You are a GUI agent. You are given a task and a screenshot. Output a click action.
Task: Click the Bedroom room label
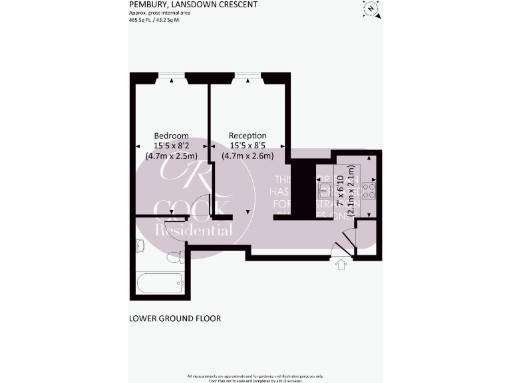[x=171, y=135]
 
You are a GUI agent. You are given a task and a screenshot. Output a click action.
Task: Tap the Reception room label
[x=248, y=135]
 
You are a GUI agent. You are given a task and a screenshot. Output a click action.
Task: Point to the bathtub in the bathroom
[x=159, y=283]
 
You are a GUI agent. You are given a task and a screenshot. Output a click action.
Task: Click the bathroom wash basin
[x=139, y=245]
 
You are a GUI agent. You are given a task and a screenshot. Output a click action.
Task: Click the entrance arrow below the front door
[x=342, y=266]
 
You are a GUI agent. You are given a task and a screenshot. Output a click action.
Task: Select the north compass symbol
[x=371, y=8]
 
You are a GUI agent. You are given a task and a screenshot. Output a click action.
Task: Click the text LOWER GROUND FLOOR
[x=174, y=319]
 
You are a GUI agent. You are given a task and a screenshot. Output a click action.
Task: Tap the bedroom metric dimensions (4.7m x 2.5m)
[x=171, y=155]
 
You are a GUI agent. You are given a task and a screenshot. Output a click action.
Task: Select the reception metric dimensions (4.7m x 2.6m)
[x=248, y=155]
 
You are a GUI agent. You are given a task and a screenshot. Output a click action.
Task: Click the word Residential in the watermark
[x=194, y=231]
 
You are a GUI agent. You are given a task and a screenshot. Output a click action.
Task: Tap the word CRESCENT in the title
[x=238, y=4]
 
